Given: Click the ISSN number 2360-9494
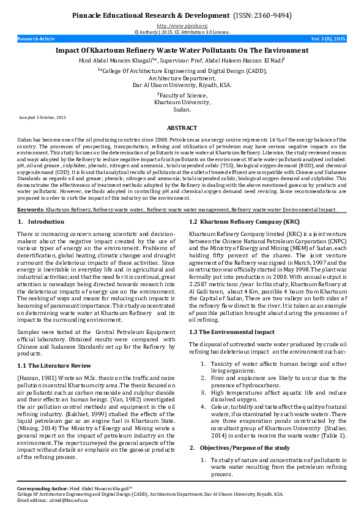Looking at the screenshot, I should (x=268, y=15).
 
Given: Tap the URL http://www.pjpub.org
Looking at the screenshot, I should (x=182, y=26).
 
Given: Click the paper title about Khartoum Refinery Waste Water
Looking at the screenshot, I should (x=182, y=50).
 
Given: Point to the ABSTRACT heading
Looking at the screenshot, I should (x=182, y=127).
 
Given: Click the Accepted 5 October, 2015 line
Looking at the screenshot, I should (x=43, y=116).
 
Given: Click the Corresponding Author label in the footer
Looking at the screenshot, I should (x=42, y=488).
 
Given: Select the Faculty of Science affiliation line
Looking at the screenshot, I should (x=182, y=95).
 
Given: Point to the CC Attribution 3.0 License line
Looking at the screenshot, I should (x=182, y=31).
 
